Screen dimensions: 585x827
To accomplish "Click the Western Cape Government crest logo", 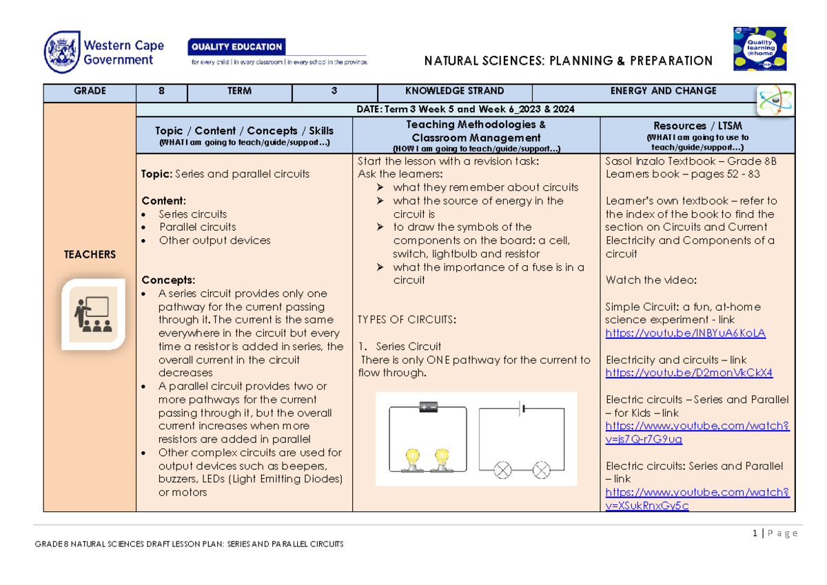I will [61, 52].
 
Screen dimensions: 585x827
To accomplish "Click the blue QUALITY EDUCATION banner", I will [236, 47].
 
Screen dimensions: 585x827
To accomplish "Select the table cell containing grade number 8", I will [161, 91].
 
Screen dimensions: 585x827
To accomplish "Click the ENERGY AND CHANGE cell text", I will [663, 91].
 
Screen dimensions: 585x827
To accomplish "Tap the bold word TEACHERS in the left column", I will [90, 254].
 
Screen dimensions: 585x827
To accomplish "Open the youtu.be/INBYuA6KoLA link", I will [685, 333].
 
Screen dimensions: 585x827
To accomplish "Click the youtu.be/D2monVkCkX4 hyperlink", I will [688, 373].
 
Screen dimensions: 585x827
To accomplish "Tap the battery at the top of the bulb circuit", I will [428, 407].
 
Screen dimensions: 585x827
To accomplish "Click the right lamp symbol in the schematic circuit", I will [542, 471].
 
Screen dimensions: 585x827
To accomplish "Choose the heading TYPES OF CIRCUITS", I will [406, 320].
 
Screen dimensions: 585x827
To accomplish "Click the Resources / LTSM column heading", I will [697, 126].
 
